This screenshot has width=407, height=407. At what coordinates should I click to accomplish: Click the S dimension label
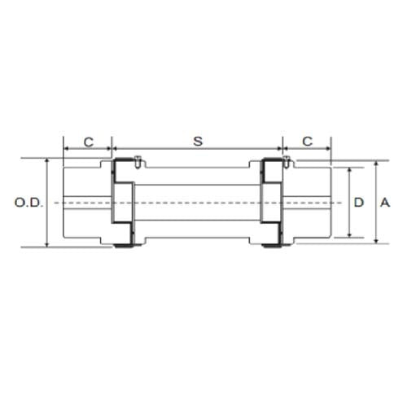click(197, 141)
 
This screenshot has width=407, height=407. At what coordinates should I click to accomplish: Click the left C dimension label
click(88, 141)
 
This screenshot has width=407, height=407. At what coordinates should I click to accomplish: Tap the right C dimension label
click(308, 141)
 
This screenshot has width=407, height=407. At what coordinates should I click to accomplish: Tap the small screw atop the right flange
click(286, 161)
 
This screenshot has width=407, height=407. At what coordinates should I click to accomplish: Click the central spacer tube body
click(197, 202)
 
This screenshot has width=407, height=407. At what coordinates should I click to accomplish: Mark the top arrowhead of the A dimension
click(376, 164)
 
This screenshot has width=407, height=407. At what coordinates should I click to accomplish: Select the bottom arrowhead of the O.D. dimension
click(48, 243)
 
